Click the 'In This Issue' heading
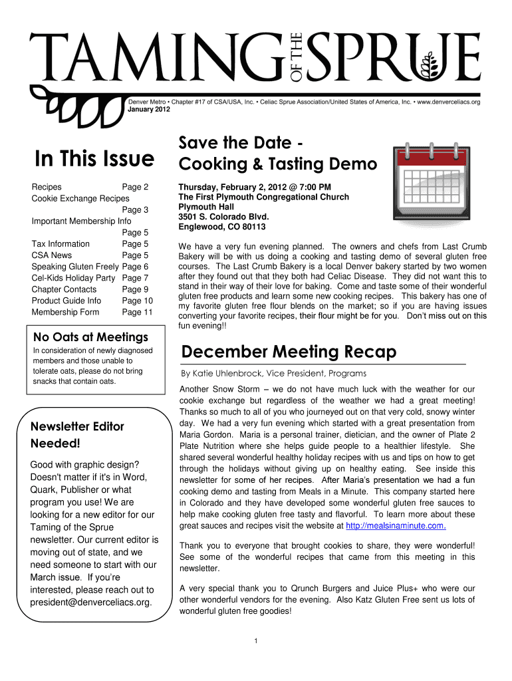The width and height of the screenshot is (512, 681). (94, 159)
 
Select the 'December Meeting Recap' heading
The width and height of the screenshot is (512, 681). (288, 351)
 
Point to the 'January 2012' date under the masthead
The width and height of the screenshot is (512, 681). (144, 110)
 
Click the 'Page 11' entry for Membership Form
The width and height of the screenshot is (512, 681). (138, 312)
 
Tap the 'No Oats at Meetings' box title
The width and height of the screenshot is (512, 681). (90, 337)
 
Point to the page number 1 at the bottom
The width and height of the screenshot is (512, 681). (256, 640)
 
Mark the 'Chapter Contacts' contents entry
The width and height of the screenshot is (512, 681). (64, 289)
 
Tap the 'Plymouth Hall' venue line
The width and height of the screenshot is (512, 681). (205, 207)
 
